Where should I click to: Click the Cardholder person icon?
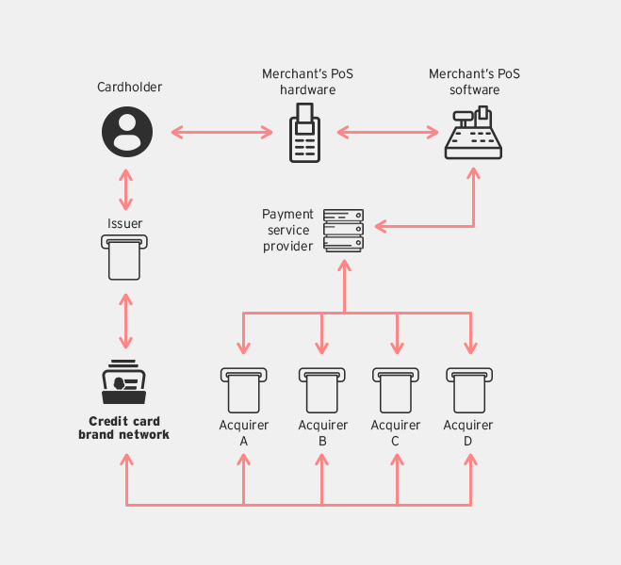point(126,133)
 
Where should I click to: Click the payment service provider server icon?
point(344,230)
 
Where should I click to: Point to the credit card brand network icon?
point(124,382)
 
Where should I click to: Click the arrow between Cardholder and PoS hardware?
point(222,133)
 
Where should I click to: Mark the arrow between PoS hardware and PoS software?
point(388,133)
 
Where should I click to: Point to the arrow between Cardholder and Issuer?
point(125,191)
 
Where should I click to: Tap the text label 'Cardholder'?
point(130,88)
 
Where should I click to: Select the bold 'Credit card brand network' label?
point(124,428)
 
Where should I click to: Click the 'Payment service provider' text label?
point(288,231)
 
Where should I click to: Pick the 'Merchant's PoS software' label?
point(474,82)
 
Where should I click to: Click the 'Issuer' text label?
point(125,224)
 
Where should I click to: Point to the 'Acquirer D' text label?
point(468,432)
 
